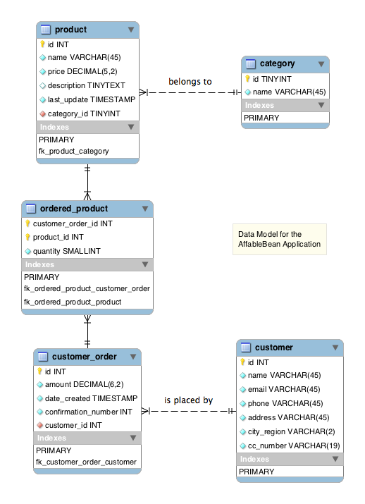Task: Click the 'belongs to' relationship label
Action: tap(190, 82)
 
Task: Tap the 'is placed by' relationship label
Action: tap(189, 400)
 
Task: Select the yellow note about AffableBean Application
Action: tap(280, 239)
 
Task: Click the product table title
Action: tap(70, 30)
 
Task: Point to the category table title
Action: tap(278, 63)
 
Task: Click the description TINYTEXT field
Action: tap(87, 85)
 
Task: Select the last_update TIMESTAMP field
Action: tap(92, 99)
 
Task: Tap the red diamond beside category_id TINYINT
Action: tap(42, 113)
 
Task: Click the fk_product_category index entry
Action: tap(74, 151)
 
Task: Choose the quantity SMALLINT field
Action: tap(67, 251)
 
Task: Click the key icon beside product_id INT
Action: tap(27, 238)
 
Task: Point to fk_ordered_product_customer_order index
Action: tap(87, 288)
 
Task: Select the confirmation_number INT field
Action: tap(89, 412)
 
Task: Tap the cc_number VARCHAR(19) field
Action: tap(294, 445)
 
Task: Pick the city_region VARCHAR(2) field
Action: tap(292, 431)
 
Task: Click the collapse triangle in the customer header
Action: tap(335, 348)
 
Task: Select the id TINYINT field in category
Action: tap(272, 79)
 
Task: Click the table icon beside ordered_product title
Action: tap(31, 209)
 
